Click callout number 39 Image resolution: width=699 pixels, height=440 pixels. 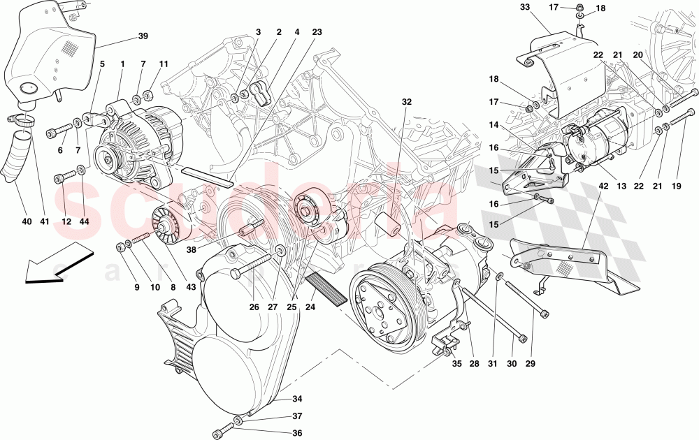click(x=143, y=36)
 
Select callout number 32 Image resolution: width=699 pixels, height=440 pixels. click(x=407, y=102)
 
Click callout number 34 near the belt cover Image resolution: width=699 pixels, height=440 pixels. click(x=297, y=399)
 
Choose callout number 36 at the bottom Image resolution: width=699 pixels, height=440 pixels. click(x=297, y=433)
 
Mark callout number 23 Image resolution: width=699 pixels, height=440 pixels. click(x=317, y=32)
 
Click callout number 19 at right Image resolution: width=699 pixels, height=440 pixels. click(x=675, y=186)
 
